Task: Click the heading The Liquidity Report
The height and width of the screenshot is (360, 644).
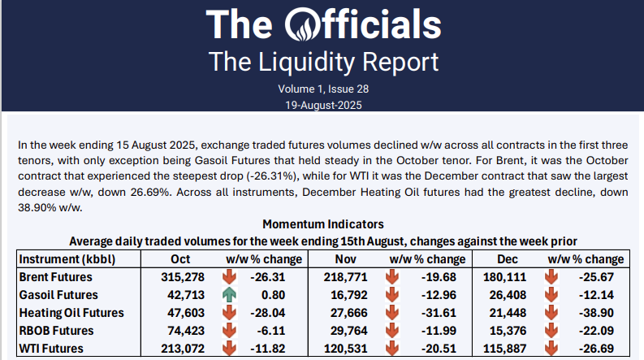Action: (322, 61)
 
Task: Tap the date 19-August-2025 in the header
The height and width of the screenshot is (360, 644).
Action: (322, 105)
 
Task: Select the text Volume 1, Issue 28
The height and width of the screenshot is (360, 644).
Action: (322, 89)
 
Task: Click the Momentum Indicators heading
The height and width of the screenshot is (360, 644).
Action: (322, 223)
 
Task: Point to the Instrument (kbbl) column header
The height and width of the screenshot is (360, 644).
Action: (67, 259)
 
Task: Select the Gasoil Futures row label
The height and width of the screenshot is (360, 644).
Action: (61, 295)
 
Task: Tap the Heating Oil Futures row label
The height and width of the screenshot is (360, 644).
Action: (71, 313)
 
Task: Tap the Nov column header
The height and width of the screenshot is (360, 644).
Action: (345, 259)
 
